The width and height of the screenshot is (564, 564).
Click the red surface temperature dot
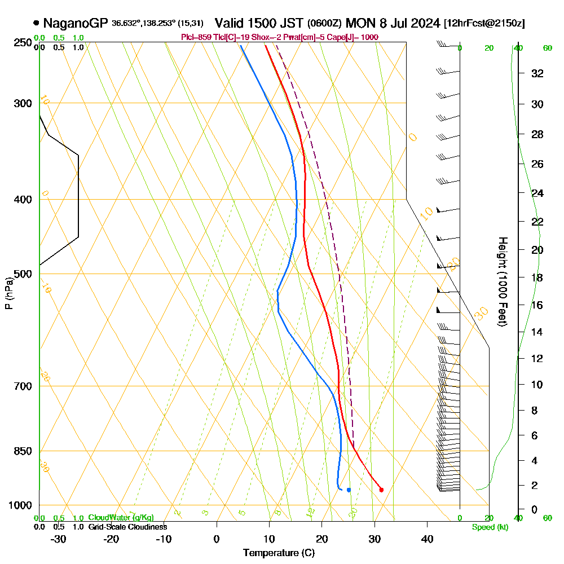point(381,490)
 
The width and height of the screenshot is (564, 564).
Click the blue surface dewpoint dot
point(349,490)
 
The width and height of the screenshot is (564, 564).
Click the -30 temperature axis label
point(59,539)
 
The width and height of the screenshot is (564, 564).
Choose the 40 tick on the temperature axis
point(427,539)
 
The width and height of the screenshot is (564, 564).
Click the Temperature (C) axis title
point(279,553)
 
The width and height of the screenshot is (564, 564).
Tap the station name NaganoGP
point(76,23)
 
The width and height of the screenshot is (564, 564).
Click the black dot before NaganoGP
point(37,23)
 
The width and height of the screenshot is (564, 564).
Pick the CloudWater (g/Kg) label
point(121,518)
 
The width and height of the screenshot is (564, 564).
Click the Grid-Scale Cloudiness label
point(127,527)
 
